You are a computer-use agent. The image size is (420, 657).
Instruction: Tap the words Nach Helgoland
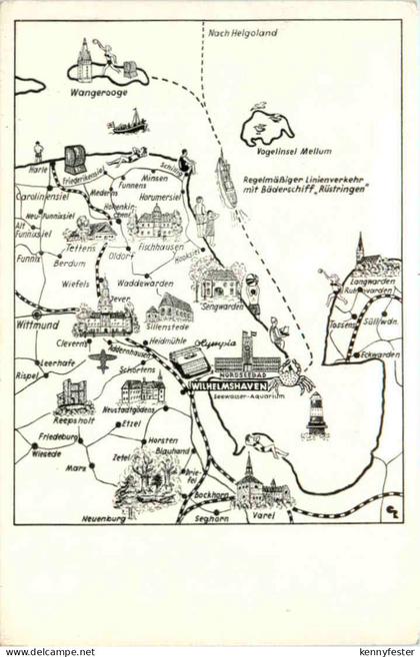[241, 33]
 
